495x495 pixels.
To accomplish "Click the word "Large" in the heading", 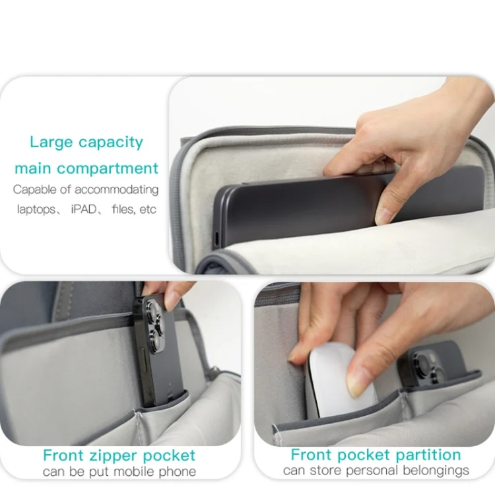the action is point(51,143).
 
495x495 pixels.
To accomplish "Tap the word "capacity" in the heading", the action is point(111,143).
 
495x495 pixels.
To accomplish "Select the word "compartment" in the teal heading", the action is point(108,169).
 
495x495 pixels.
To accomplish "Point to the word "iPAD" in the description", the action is point(84,209).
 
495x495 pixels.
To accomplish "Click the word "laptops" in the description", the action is point(36,209).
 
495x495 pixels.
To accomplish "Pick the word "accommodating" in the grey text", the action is point(116,189).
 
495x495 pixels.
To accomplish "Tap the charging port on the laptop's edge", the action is point(217,239).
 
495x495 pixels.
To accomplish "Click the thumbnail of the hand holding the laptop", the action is point(332,175).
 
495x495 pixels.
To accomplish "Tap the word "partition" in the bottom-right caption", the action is point(428,455).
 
